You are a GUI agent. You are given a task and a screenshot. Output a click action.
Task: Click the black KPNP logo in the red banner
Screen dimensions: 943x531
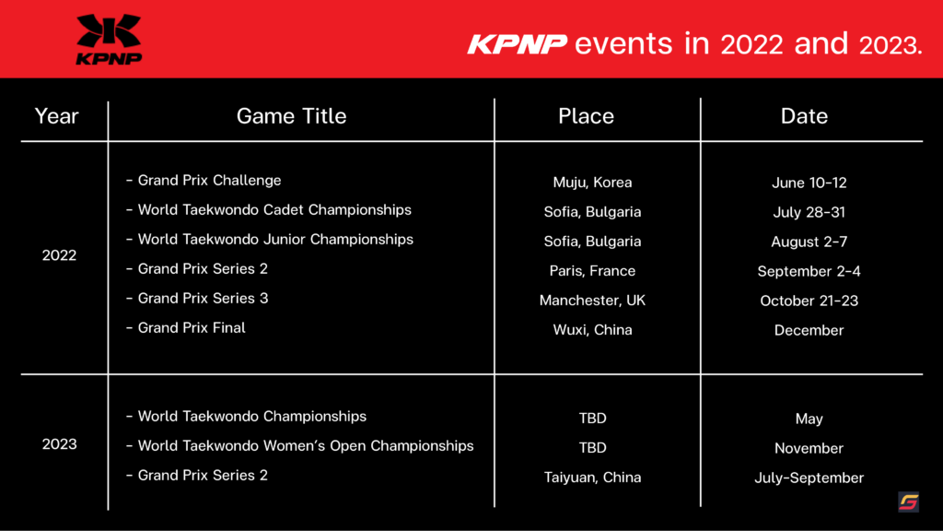(109, 39)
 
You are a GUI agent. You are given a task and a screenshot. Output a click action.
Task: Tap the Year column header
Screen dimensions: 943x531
(56, 116)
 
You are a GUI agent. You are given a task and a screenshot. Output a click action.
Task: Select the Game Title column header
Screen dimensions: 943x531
(291, 116)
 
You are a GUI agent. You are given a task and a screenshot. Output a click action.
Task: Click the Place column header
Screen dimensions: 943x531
(586, 116)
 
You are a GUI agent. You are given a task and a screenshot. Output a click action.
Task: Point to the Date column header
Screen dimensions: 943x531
(804, 116)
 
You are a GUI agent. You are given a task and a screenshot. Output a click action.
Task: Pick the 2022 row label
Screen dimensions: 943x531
(59, 255)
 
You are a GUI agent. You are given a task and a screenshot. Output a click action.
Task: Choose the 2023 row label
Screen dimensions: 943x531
(59, 444)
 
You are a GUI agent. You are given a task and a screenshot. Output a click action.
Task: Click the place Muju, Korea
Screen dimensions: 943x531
(592, 183)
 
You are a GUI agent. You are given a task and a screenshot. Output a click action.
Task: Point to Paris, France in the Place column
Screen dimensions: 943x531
(592, 271)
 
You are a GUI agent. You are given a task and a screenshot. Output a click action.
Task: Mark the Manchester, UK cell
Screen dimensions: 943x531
(592, 301)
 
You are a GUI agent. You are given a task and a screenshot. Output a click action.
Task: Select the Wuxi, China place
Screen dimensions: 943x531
(592, 330)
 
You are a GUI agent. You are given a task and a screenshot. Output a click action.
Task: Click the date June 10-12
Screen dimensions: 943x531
(809, 183)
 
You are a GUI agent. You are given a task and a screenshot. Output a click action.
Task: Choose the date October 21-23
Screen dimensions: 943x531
(809, 301)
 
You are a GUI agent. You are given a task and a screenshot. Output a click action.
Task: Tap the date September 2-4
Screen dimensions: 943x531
(809, 271)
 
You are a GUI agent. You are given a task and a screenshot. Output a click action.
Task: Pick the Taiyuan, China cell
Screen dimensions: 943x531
(592, 478)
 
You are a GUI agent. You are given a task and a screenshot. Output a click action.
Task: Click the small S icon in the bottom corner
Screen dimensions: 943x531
(909, 501)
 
